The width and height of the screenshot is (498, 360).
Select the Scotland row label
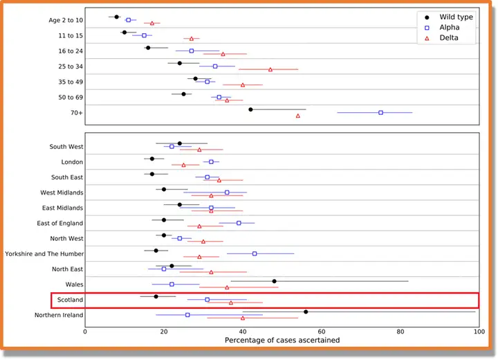click(x=70, y=300)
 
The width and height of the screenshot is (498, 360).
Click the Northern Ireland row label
click(x=59, y=316)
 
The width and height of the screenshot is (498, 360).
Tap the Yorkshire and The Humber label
click(x=44, y=253)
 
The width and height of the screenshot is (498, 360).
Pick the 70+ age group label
click(x=75, y=112)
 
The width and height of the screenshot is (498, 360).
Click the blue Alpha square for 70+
click(x=380, y=112)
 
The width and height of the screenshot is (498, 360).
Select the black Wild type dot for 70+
click(x=250, y=109)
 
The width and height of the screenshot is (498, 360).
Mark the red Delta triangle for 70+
click(x=298, y=116)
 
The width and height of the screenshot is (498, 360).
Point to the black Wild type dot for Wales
click(x=275, y=281)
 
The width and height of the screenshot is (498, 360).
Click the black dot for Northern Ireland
click(x=306, y=312)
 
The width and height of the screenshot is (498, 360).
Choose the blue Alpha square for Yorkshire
click(x=255, y=253)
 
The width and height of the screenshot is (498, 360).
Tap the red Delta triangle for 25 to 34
click(x=270, y=69)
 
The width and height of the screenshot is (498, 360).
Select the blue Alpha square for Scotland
click(x=207, y=300)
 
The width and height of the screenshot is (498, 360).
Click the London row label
click(x=73, y=162)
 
